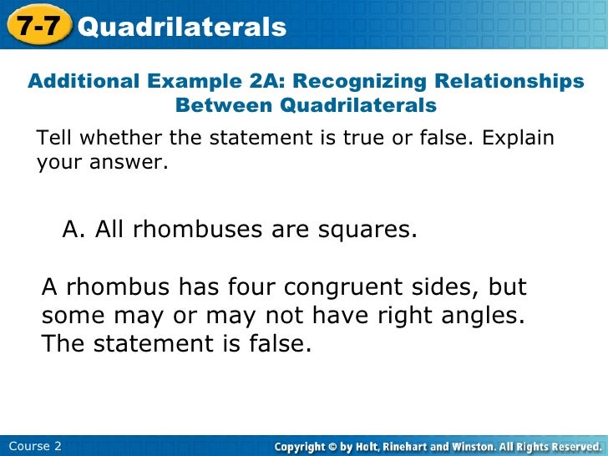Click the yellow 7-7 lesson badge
pos(38,26)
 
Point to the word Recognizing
pos(357,82)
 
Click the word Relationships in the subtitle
pos(509,82)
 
